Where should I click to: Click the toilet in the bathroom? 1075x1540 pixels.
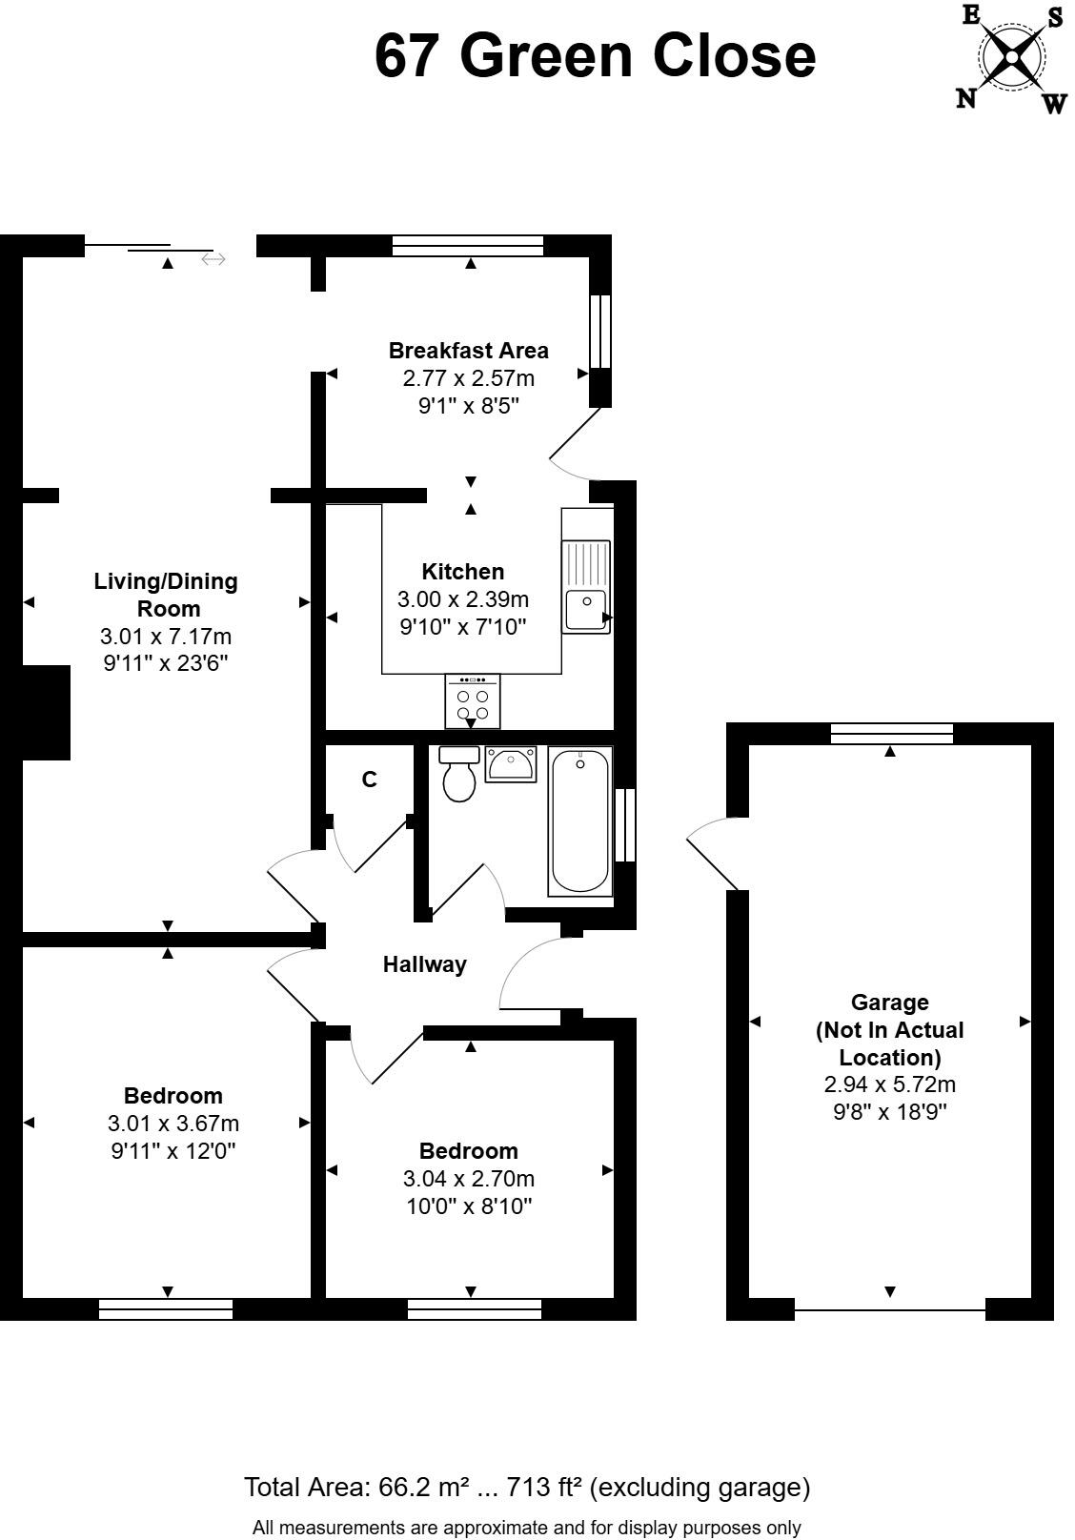459,774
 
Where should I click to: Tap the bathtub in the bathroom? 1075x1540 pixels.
579,821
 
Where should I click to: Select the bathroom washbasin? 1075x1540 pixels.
511,764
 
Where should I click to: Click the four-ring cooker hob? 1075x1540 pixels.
472,702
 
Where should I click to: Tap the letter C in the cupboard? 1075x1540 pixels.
370,780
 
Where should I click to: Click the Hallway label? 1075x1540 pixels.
425,964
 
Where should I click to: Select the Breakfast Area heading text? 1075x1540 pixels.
469,350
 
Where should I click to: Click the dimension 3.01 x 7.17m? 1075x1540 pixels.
166,636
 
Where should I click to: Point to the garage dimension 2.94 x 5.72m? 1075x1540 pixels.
889,1084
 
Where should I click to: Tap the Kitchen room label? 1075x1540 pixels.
463,572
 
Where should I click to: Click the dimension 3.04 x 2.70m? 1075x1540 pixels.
469,1179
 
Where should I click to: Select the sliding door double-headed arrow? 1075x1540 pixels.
213,259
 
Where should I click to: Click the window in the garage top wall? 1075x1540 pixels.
891,733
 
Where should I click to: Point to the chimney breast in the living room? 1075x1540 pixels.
46,713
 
